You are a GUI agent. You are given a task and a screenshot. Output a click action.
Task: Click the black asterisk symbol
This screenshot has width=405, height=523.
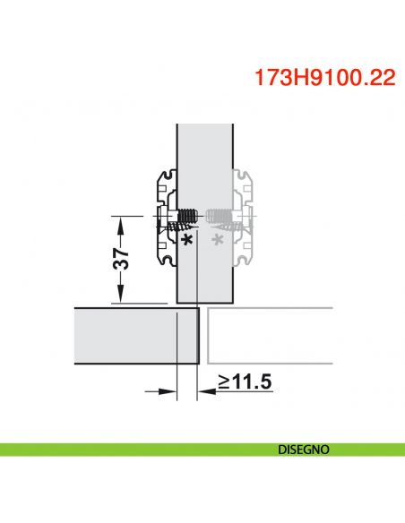pos(186,241)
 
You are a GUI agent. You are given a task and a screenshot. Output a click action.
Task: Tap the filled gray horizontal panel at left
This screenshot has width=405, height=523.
pos(134,337)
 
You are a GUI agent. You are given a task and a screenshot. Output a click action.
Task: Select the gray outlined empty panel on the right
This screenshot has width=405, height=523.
pos(269,337)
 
